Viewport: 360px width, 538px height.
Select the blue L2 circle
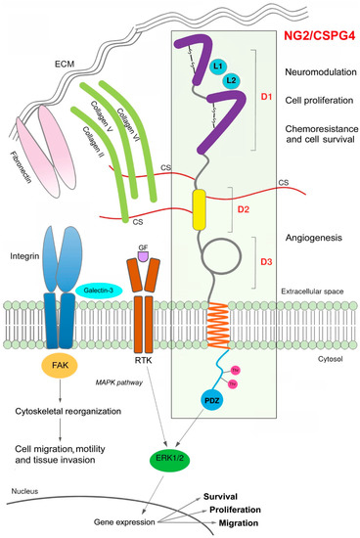pos(231,80)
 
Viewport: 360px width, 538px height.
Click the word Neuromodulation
pos(314,72)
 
